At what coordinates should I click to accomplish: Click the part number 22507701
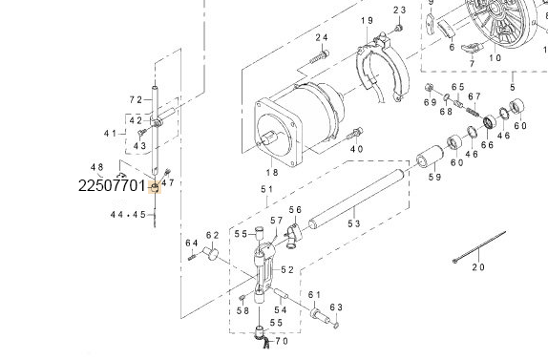click(x=112, y=185)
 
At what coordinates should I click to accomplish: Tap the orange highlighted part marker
click(x=157, y=186)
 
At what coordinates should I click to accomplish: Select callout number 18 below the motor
click(x=272, y=172)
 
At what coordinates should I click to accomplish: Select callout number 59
click(x=434, y=177)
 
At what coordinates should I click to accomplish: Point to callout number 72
click(x=136, y=99)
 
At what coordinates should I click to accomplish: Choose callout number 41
click(x=110, y=133)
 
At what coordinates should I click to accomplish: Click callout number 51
click(x=266, y=190)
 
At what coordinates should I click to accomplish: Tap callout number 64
click(x=191, y=242)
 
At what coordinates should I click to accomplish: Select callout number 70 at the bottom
click(x=281, y=341)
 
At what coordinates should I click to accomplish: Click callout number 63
click(x=335, y=307)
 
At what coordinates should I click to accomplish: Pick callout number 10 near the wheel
click(x=494, y=57)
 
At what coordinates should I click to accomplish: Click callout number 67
click(x=474, y=95)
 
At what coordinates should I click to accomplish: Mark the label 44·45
click(x=127, y=215)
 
